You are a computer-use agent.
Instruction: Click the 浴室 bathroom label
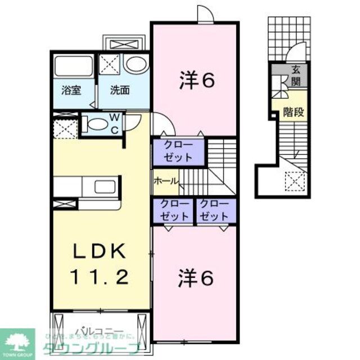tap(71, 89)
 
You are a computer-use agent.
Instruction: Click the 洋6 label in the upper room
tap(197, 81)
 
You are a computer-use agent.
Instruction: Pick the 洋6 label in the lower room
tap(196, 279)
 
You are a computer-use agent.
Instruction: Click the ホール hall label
tap(166, 181)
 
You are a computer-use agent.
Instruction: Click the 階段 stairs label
tap(293, 111)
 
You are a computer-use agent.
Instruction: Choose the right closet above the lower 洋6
tap(214, 210)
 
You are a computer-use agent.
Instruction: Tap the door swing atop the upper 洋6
tap(205, 14)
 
